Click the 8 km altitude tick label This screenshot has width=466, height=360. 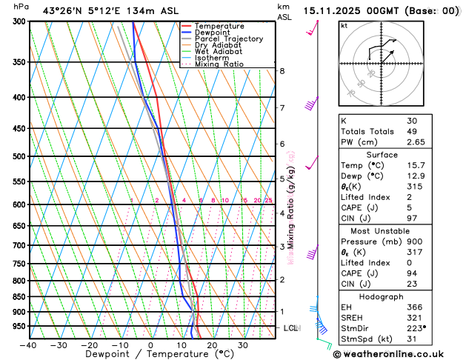coord(282,71)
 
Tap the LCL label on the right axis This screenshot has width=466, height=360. coord(290,327)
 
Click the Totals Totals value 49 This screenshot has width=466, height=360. coord(412,131)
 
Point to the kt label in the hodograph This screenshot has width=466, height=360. coord(344,25)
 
